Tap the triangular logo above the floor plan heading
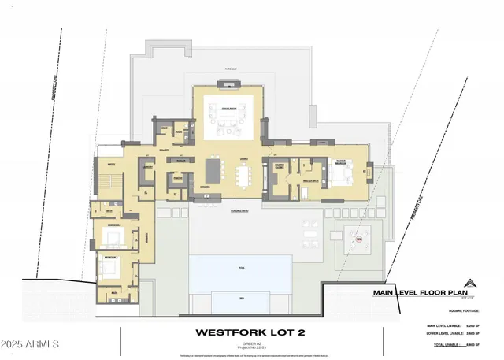[470, 283]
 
